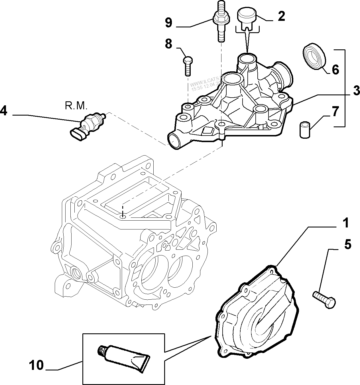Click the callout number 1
[x=345, y=223]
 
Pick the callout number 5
[x=347, y=245]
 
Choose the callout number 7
[x=335, y=111]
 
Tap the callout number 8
[x=168, y=44]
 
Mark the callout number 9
[x=168, y=23]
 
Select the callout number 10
[x=36, y=365]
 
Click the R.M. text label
[x=76, y=106]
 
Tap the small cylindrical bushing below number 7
[x=305, y=130]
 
